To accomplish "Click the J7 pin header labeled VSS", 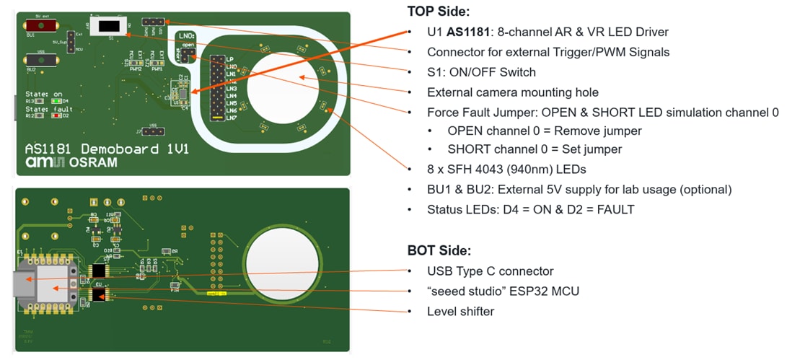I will click(x=154, y=132).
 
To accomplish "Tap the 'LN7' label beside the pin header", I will click(x=231, y=117).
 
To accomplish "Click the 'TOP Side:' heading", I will click(x=439, y=11).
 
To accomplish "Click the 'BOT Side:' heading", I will click(x=439, y=250).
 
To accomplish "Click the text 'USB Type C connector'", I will click(x=491, y=271).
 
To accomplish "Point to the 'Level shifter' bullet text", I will click(x=461, y=311).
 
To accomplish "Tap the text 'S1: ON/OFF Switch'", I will click(x=481, y=72).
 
